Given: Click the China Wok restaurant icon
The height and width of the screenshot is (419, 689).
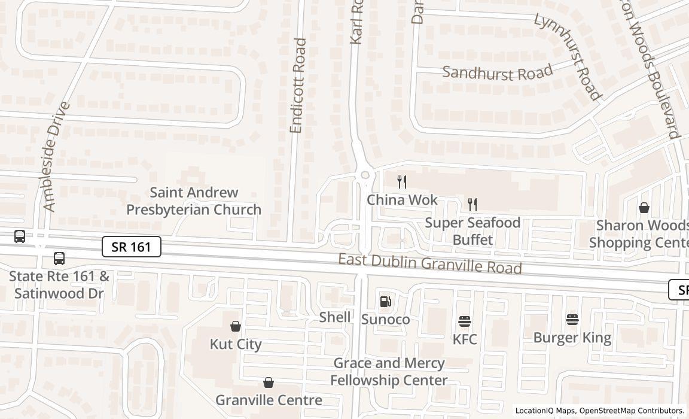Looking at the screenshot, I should click(402, 181).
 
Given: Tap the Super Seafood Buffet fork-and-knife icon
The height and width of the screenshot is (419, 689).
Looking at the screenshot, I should click(472, 205).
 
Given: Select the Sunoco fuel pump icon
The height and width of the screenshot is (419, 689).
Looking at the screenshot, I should click(386, 302).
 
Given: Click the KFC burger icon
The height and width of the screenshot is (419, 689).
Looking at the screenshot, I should click(465, 321).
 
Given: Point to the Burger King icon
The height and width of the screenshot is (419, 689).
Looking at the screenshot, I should click(572, 320).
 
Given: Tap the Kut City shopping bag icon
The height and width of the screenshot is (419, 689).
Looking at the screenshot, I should click(236, 326).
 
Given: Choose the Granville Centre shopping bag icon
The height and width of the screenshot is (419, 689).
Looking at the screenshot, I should click(269, 382).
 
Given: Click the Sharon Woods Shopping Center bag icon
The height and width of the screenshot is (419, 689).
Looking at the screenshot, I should click(644, 208).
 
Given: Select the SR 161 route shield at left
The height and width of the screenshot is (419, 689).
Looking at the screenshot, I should click(132, 247).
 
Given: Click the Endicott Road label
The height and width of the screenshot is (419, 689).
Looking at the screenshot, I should click(297, 86).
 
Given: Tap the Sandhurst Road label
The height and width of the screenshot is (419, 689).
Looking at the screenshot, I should click(497, 73).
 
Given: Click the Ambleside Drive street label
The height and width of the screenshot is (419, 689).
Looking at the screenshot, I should click(57, 156).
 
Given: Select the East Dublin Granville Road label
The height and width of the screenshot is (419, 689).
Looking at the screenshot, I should click(430, 263).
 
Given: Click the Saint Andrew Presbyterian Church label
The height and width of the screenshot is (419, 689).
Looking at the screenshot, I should click(194, 201).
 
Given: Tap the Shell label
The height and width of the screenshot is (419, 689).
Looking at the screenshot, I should click(335, 317).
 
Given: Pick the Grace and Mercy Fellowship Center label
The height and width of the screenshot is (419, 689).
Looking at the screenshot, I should click(389, 372).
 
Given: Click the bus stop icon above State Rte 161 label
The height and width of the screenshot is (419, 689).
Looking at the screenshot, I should click(59, 259).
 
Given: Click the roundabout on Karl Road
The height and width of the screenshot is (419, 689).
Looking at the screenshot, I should click(364, 175).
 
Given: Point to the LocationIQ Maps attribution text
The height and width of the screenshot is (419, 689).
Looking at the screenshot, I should click(599, 411).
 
